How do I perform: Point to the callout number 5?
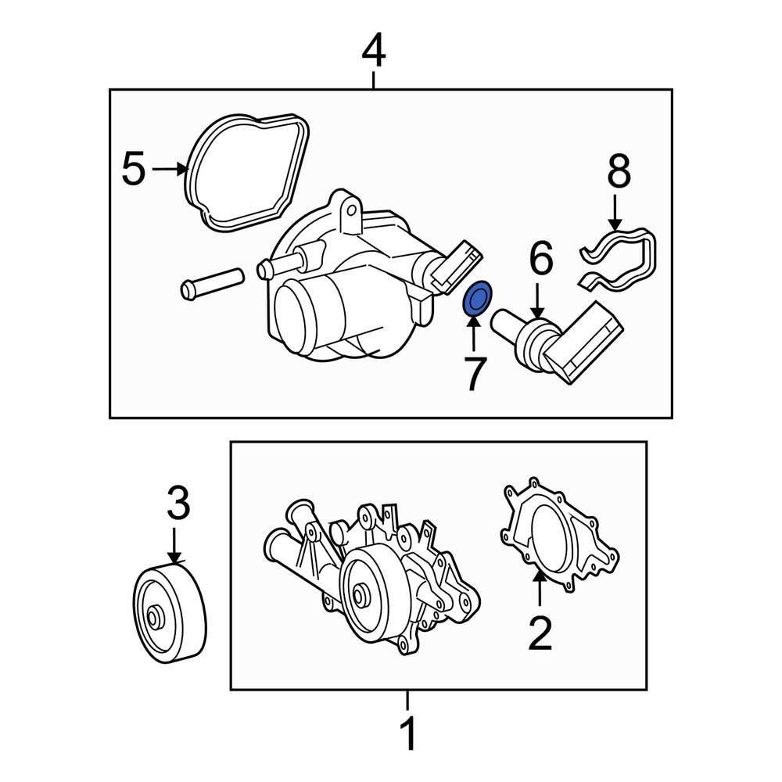pyautogui.click(x=134, y=169)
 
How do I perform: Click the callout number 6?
pyautogui.click(x=540, y=260)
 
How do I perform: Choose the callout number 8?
pyautogui.click(x=618, y=172)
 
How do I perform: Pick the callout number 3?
pyautogui.click(x=178, y=505)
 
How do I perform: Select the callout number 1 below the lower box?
pyautogui.click(x=407, y=735)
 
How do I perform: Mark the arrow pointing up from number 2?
pyautogui.click(x=539, y=590)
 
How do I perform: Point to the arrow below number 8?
pyautogui.click(x=615, y=213)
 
